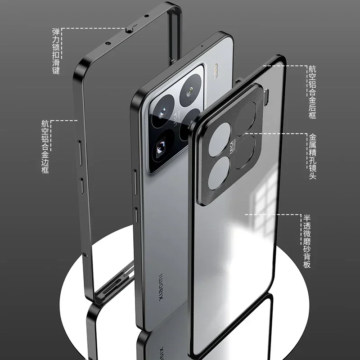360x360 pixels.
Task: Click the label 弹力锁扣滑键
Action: click(x=56, y=50)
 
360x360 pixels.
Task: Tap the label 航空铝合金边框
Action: click(x=45, y=147)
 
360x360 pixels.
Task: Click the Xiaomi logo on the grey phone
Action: click(x=159, y=288)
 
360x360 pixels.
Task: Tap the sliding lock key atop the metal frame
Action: click(x=129, y=29)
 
